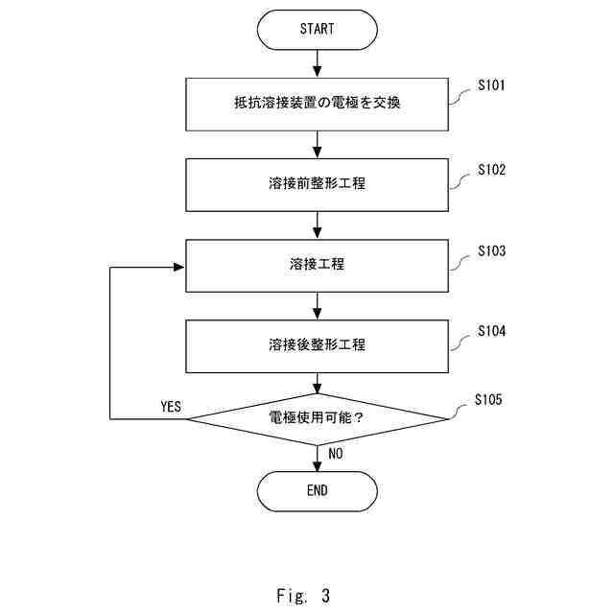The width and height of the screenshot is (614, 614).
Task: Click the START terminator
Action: (x=317, y=29)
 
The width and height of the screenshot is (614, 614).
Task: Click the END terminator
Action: (x=317, y=490)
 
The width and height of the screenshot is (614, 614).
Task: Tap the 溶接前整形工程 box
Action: (x=317, y=183)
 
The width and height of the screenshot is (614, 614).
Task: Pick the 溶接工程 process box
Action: (x=317, y=264)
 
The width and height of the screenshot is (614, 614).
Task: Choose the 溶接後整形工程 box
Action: (x=317, y=344)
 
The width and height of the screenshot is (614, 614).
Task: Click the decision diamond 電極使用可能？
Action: (x=317, y=418)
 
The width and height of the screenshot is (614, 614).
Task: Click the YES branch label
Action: (x=171, y=406)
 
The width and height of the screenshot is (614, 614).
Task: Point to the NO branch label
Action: (x=336, y=454)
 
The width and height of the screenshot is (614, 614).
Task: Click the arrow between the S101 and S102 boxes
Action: (x=317, y=143)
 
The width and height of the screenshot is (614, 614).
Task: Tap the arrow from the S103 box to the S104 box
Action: (x=317, y=305)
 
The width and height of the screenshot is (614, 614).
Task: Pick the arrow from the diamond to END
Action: (x=317, y=458)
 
